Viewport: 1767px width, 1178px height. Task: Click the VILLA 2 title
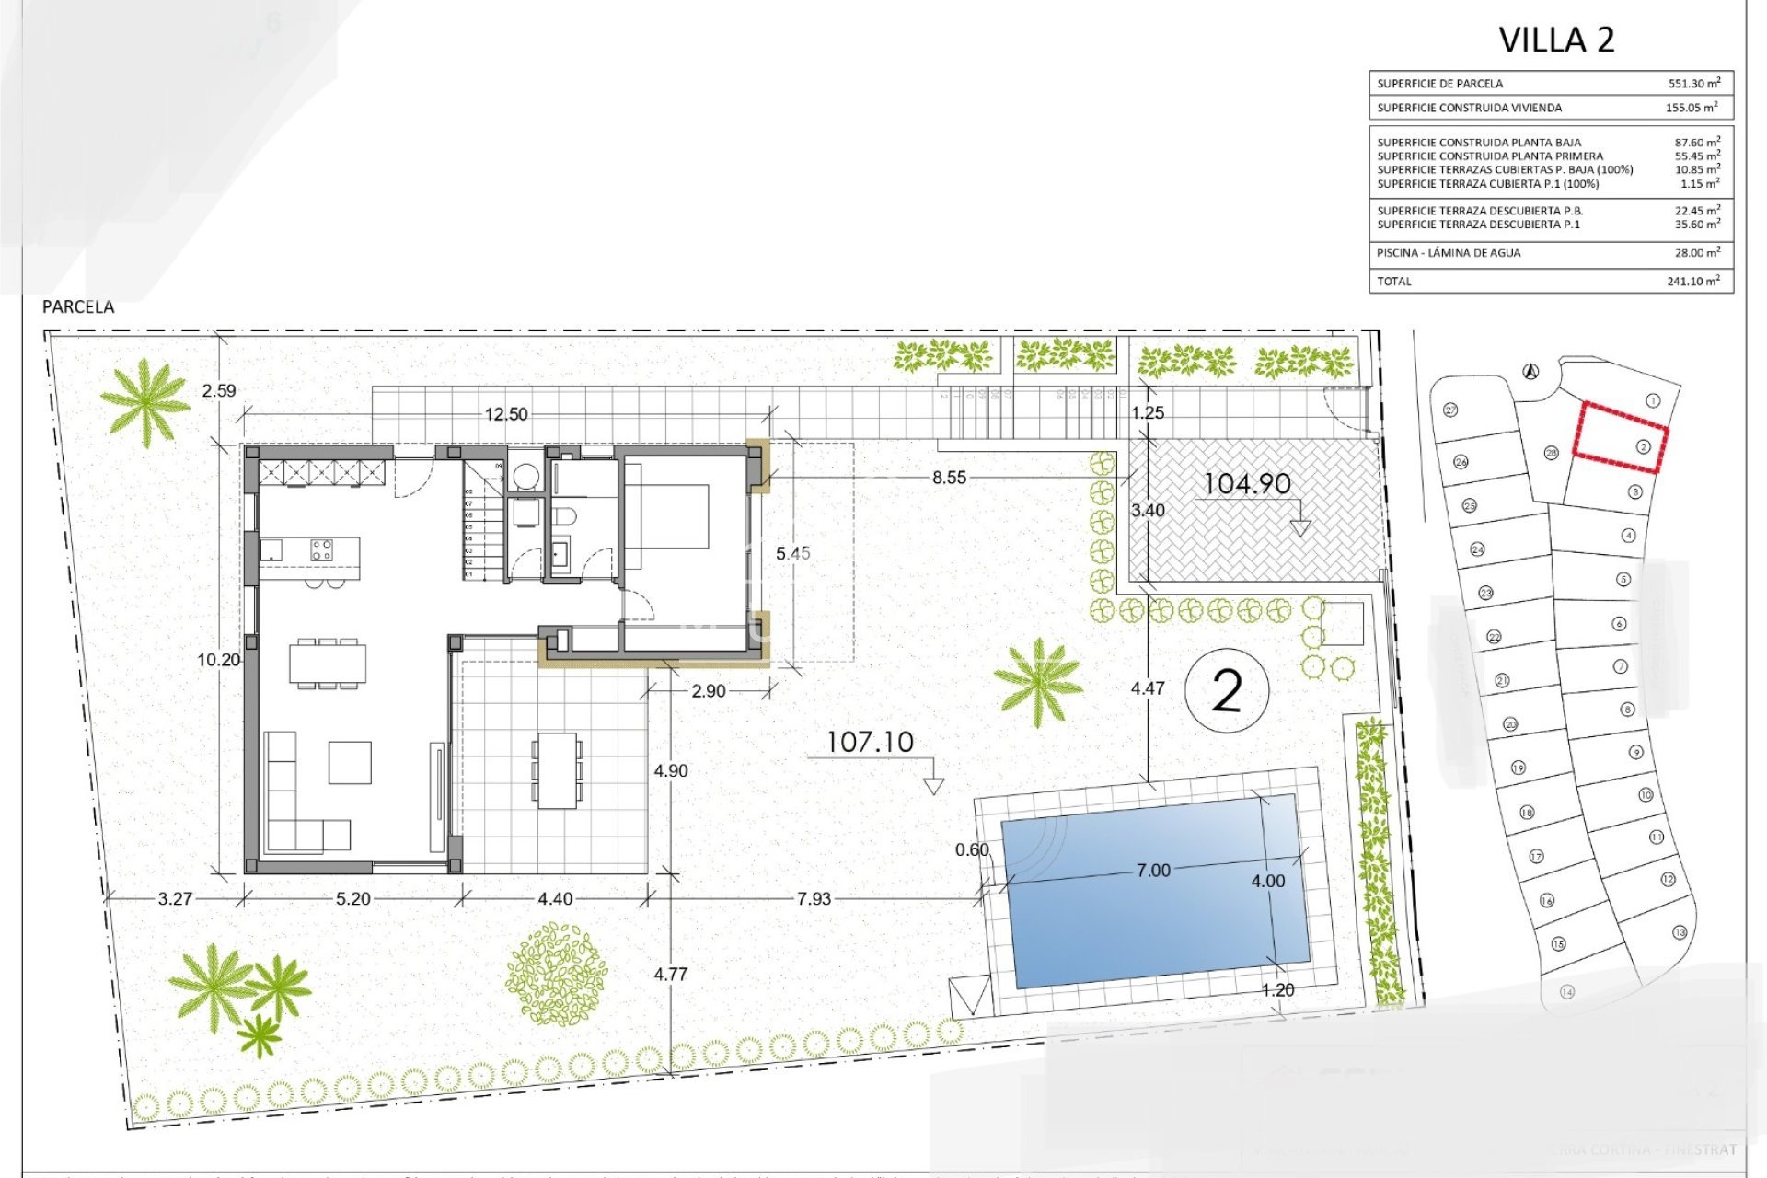point(1556,40)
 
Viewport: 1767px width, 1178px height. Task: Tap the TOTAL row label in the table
point(1394,281)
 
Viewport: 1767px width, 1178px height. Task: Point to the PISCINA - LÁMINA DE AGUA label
point(1449,253)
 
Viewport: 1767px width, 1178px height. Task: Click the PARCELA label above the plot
point(78,307)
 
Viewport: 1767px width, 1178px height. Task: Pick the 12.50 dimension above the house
point(506,414)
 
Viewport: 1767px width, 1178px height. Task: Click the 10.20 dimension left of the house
point(218,659)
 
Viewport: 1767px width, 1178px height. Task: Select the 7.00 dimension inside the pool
point(1153,870)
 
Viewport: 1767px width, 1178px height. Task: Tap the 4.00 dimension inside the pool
point(1267,881)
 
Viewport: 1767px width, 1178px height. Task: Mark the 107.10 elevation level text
point(870,742)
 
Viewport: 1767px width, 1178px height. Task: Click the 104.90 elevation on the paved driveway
point(1247,483)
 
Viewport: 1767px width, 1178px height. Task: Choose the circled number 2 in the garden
point(1227,690)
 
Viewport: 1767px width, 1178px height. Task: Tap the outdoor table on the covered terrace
point(557,770)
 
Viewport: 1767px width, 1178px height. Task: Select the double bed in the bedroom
point(667,515)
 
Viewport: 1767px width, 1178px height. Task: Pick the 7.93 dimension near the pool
point(814,898)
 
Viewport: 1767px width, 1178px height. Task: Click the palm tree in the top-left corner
point(144,401)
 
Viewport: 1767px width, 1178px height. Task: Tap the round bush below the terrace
point(556,974)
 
